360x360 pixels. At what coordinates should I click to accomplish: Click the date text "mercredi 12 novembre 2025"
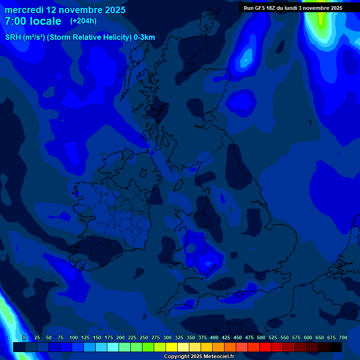pyautogui.click(x=65, y=10)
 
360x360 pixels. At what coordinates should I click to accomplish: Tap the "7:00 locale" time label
pyautogui.click(x=33, y=21)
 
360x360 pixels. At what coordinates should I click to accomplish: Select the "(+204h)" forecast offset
pyautogui.click(x=83, y=21)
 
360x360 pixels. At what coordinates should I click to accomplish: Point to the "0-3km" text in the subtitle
pyautogui.click(x=144, y=37)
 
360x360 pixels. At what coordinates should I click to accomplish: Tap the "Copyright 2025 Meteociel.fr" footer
pyautogui.click(x=199, y=356)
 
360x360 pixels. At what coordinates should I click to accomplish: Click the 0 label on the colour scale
pyautogui.click(x=24, y=337)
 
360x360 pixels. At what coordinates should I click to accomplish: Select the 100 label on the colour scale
pyautogui.click(x=74, y=337)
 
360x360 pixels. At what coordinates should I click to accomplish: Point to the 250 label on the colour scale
pyautogui.click(x=144, y=337)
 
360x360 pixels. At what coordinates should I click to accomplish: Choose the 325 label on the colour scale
pyautogui.click(x=179, y=337)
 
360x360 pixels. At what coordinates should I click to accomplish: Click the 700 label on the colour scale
pyautogui.click(x=343, y=337)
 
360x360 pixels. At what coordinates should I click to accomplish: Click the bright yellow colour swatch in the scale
pyautogui.click(x=172, y=347)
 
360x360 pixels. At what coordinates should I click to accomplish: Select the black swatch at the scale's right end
pyautogui.click(x=336, y=347)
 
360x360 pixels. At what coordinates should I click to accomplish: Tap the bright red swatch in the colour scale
pyautogui.click(x=265, y=347)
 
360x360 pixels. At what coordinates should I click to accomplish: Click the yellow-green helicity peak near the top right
pyautogui.click(x=321, y=19)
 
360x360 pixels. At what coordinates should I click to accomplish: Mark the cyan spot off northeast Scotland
pyautogui.click(x=245, y=60)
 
